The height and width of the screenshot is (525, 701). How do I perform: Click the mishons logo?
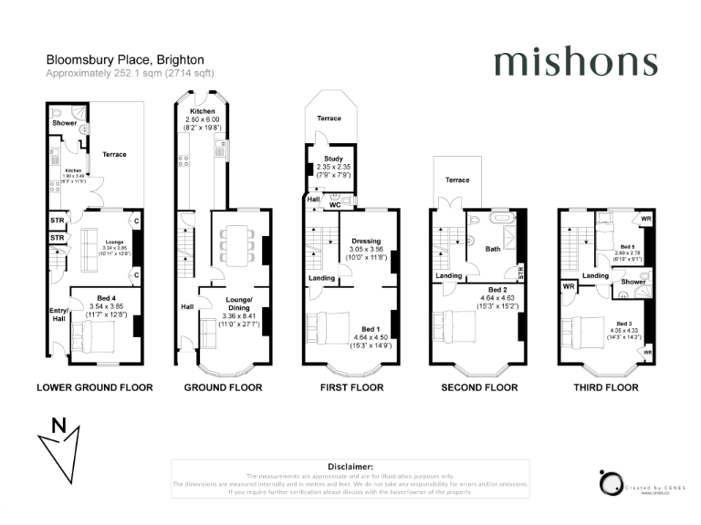575,63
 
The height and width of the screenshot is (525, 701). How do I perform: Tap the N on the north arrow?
58,424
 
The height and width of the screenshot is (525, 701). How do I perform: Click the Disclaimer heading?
350,466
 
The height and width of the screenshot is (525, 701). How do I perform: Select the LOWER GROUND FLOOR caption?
94,387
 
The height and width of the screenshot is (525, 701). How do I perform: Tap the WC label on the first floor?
334,205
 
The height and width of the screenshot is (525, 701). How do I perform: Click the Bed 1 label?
370,329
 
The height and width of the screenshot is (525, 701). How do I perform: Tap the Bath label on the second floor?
493,248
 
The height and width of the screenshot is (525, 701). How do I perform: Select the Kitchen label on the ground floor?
202,111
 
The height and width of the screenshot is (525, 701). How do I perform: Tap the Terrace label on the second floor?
457,180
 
